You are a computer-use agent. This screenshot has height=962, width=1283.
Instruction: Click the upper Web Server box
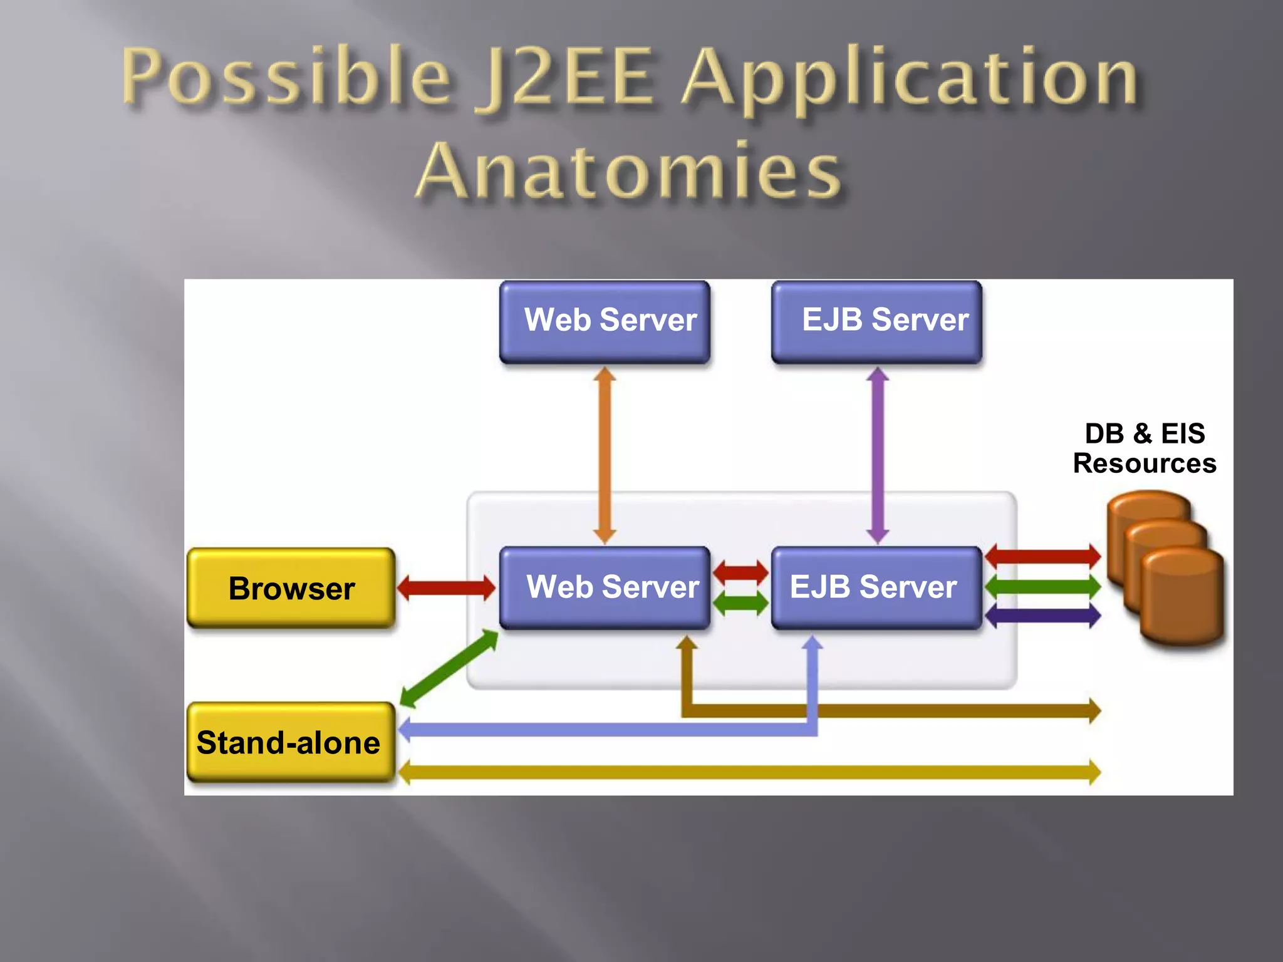pos(605,321)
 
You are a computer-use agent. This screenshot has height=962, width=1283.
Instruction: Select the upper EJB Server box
pos(876,321)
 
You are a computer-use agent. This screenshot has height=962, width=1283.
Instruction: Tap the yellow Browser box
pos(291,588)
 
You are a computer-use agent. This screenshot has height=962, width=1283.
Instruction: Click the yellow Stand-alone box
pos(291,742)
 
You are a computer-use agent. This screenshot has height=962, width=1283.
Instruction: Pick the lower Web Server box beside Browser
pos(605,587)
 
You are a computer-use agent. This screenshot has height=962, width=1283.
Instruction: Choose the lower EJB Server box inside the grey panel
pos(876,587)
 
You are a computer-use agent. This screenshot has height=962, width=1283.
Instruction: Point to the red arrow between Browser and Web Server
pos(446,587)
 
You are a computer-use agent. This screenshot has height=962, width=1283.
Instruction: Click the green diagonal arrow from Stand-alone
pos(449,668)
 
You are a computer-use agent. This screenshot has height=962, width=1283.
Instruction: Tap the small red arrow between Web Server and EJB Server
pos(740,572)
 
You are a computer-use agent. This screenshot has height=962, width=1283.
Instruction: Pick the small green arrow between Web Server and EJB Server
pos(740,603)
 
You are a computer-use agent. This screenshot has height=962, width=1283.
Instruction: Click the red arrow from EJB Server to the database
pos(1042,556)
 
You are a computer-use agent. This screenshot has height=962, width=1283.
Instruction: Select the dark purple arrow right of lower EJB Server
pos(1042,616)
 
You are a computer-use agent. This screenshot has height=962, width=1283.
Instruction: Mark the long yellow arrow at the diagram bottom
pos(749,772)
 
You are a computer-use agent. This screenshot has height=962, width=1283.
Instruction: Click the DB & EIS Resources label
pos(1144,448)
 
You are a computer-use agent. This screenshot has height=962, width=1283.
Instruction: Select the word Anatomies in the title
pos(630,171)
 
